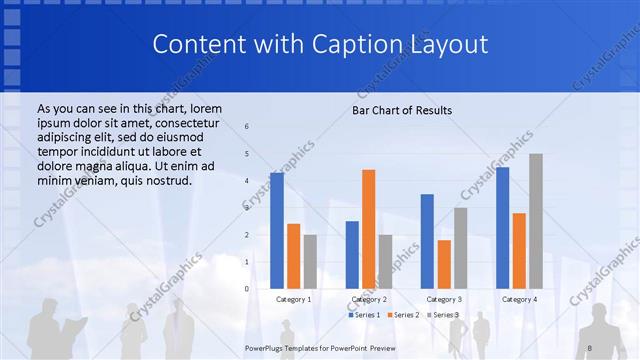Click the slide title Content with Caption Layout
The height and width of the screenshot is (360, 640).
pos(320,45)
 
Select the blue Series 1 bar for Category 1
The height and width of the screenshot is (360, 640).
pos(277,230)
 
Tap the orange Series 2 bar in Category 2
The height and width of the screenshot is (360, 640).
pos(368,228)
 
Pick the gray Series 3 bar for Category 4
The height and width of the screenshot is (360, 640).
pos(536,220)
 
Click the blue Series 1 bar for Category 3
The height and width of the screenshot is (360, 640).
pos(427,240)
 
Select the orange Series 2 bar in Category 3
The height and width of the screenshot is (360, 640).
pos(444,264)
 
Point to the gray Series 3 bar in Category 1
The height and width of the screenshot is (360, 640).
pos(310,261)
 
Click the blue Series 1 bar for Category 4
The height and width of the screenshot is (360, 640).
pos(502,227)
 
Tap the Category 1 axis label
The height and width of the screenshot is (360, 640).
pos(293,299)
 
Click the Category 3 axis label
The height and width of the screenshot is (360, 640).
pos(444,299)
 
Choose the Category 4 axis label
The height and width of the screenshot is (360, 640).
pos(519,299)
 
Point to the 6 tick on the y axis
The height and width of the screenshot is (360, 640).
pos(247,127)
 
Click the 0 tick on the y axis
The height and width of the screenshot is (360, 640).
pos(247,288)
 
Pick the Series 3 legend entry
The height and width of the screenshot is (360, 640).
pos(444,315)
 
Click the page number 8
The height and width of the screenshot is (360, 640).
pos(589,346)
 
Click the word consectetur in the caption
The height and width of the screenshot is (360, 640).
pos(188,121)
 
